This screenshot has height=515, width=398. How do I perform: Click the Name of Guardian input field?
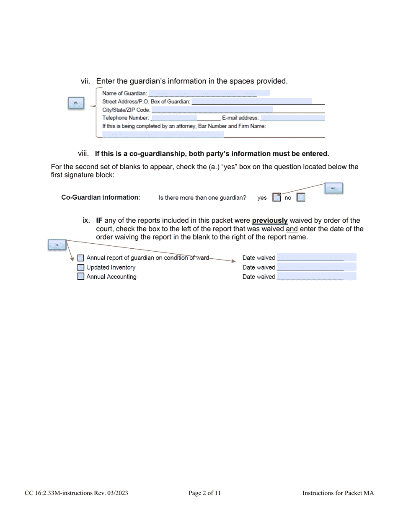click(209, 93)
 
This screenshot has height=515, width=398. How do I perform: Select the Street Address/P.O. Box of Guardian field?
click(252, 101)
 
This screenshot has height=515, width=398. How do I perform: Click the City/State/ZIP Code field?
click(212, 110)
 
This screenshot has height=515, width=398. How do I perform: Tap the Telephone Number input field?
click(173, 118)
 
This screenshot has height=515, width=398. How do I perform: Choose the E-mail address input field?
click(292, 118)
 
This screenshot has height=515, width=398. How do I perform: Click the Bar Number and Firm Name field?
click(163, 134)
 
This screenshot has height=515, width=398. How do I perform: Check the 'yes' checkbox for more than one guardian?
click(277, 198)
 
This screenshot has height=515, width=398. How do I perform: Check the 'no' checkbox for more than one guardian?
click(301, 198)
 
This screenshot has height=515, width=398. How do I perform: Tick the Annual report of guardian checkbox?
click(81, 258)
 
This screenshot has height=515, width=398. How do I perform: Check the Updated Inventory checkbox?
click(81, 267)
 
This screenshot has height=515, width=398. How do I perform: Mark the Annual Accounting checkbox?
click(81, 277)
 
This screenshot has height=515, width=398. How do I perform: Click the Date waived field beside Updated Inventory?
click(316, 267)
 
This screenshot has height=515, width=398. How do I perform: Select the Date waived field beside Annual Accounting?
click(316, 277)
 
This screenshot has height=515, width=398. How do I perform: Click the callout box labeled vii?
click(76, 103)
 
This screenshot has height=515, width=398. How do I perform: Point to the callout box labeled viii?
click(333, 188)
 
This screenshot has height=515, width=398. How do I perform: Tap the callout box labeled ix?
click(57, 245)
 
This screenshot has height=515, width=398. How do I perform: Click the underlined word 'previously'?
click(269, 221)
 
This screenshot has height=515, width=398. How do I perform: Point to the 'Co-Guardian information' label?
click(101, 197)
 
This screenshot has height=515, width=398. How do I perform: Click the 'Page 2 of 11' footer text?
click(204, 493)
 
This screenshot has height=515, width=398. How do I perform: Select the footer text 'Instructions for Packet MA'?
click(338, 493)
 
